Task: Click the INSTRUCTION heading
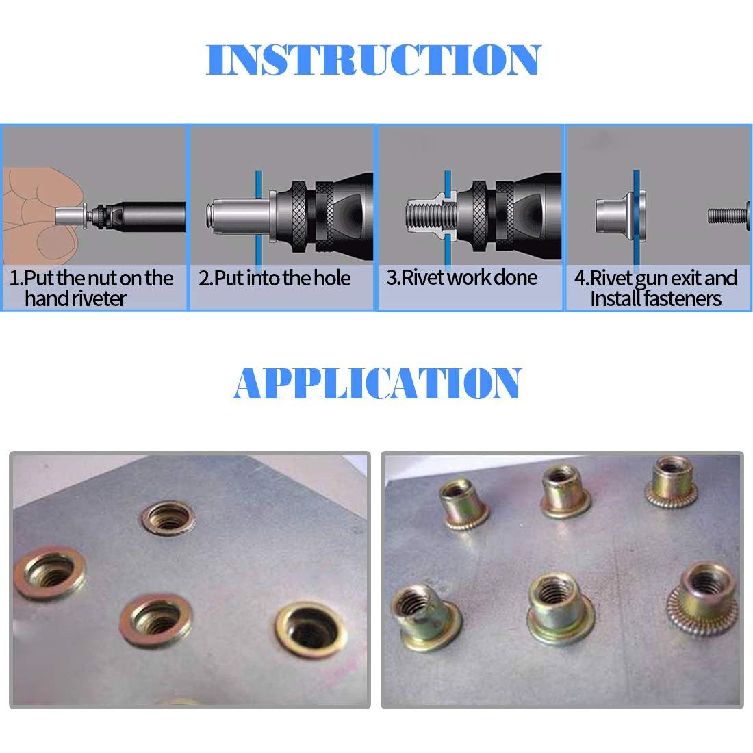point(374,60)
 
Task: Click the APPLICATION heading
point(377,383)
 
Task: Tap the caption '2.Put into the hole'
point(275,279)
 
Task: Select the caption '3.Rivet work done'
point(462,278)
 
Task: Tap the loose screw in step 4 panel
point(730,216)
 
